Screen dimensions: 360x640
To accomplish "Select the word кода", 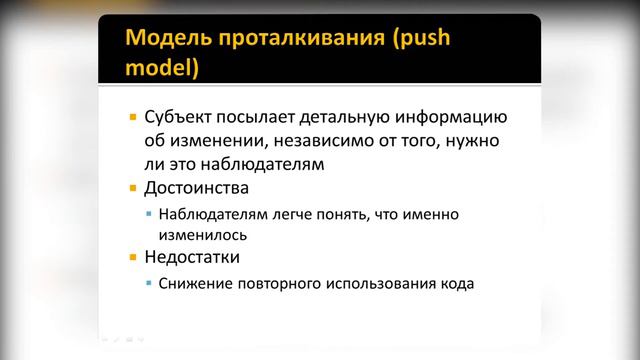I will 456,284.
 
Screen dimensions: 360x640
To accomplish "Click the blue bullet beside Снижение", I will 150,284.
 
